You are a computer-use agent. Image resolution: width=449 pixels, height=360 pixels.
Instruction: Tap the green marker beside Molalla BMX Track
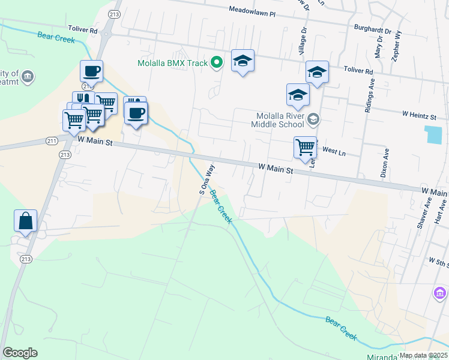tap(217, 62)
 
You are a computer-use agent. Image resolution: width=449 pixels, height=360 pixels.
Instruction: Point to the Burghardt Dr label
tap(372, 30)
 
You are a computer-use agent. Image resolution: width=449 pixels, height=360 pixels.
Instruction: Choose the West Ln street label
tap(334, 152)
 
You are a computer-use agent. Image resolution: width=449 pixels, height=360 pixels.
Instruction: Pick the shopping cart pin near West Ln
tap(305, 146)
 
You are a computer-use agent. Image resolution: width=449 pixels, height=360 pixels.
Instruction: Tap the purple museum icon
tap(440, 293)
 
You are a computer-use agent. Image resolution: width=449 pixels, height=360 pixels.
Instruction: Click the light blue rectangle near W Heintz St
tap(431, 134)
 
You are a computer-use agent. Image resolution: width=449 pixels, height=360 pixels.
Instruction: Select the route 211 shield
tap(52, 141)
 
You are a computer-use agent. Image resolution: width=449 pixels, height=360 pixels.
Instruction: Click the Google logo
tap(20, 353)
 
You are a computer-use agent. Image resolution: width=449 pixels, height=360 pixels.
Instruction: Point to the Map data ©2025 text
tap(423, 355)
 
